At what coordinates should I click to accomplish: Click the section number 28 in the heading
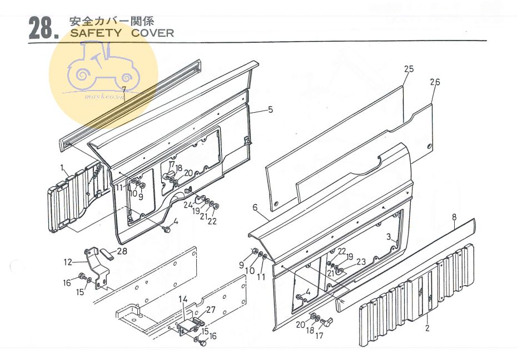coord(41,29)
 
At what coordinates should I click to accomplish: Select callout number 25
coord(409,69)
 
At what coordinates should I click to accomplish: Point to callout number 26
coord(435,82)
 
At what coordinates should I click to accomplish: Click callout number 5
coord(270,109)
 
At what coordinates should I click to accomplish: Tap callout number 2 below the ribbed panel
coord(427,328)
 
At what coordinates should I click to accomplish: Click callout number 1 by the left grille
coord(62,167)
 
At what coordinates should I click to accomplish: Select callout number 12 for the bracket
coord(68,262)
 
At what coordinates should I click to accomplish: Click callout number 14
coord(183,299)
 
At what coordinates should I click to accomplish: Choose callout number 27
coord(210,310)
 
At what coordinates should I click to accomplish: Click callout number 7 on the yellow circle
coord(124,89)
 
